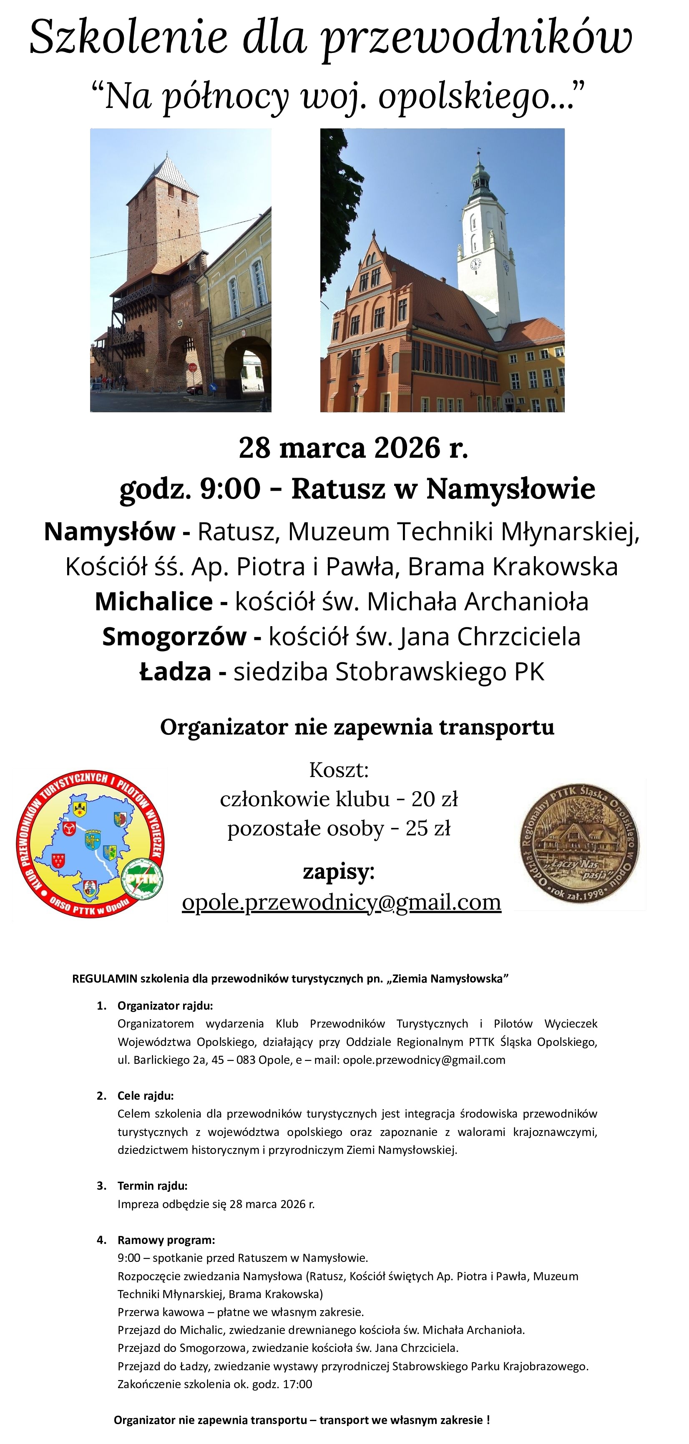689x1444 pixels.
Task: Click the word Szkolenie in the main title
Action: (128, 38)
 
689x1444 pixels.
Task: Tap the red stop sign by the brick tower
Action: (192, 368)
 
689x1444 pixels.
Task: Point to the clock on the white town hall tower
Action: (475, 263)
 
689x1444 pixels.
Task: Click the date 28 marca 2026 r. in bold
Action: (353, 447)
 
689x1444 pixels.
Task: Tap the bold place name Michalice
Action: (153, 602)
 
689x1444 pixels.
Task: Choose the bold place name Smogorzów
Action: (174, 636)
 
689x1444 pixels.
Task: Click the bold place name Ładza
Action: (175, 672)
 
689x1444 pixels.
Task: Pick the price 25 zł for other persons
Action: (428, 827)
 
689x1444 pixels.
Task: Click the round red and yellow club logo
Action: (90, 846)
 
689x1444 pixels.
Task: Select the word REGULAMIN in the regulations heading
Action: (104, 979)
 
